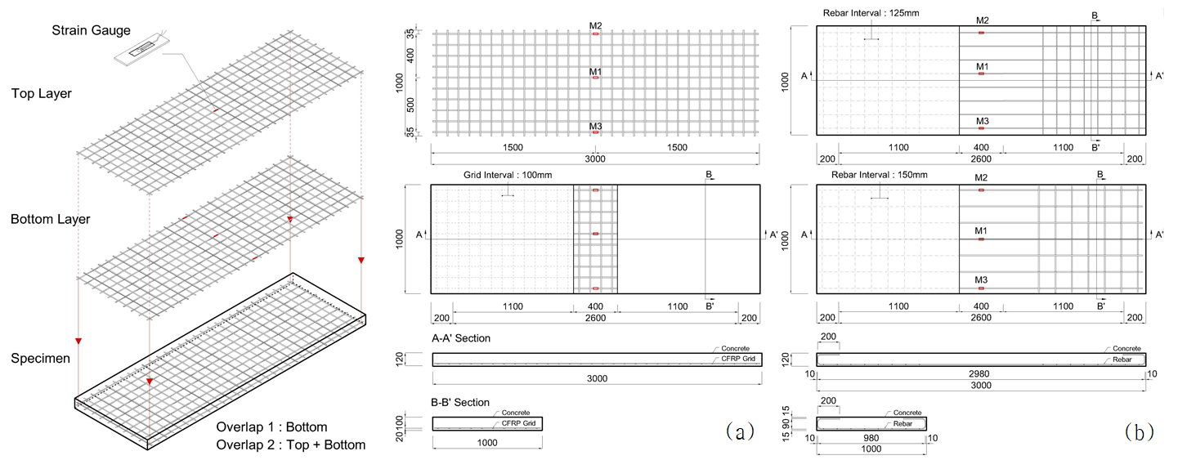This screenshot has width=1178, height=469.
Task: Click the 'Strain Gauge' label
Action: click(x=91, y=30)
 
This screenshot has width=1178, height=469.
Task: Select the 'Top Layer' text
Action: click(x=42, y=94)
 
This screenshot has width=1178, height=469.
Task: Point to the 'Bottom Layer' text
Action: click(x=51, y=219)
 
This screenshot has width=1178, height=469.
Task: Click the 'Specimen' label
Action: click(x=41, y=359)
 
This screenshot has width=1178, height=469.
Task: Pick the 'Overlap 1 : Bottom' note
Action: click(x=272, y=427)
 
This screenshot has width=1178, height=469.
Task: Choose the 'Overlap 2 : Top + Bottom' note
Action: click(x=291, y=444)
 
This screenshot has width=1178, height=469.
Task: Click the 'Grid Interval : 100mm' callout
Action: click(x=508, y=175)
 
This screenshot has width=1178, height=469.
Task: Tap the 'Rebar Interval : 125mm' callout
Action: click(x=871, y=13)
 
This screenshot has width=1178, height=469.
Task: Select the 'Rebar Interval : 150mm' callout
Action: click(x=880, y=175)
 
